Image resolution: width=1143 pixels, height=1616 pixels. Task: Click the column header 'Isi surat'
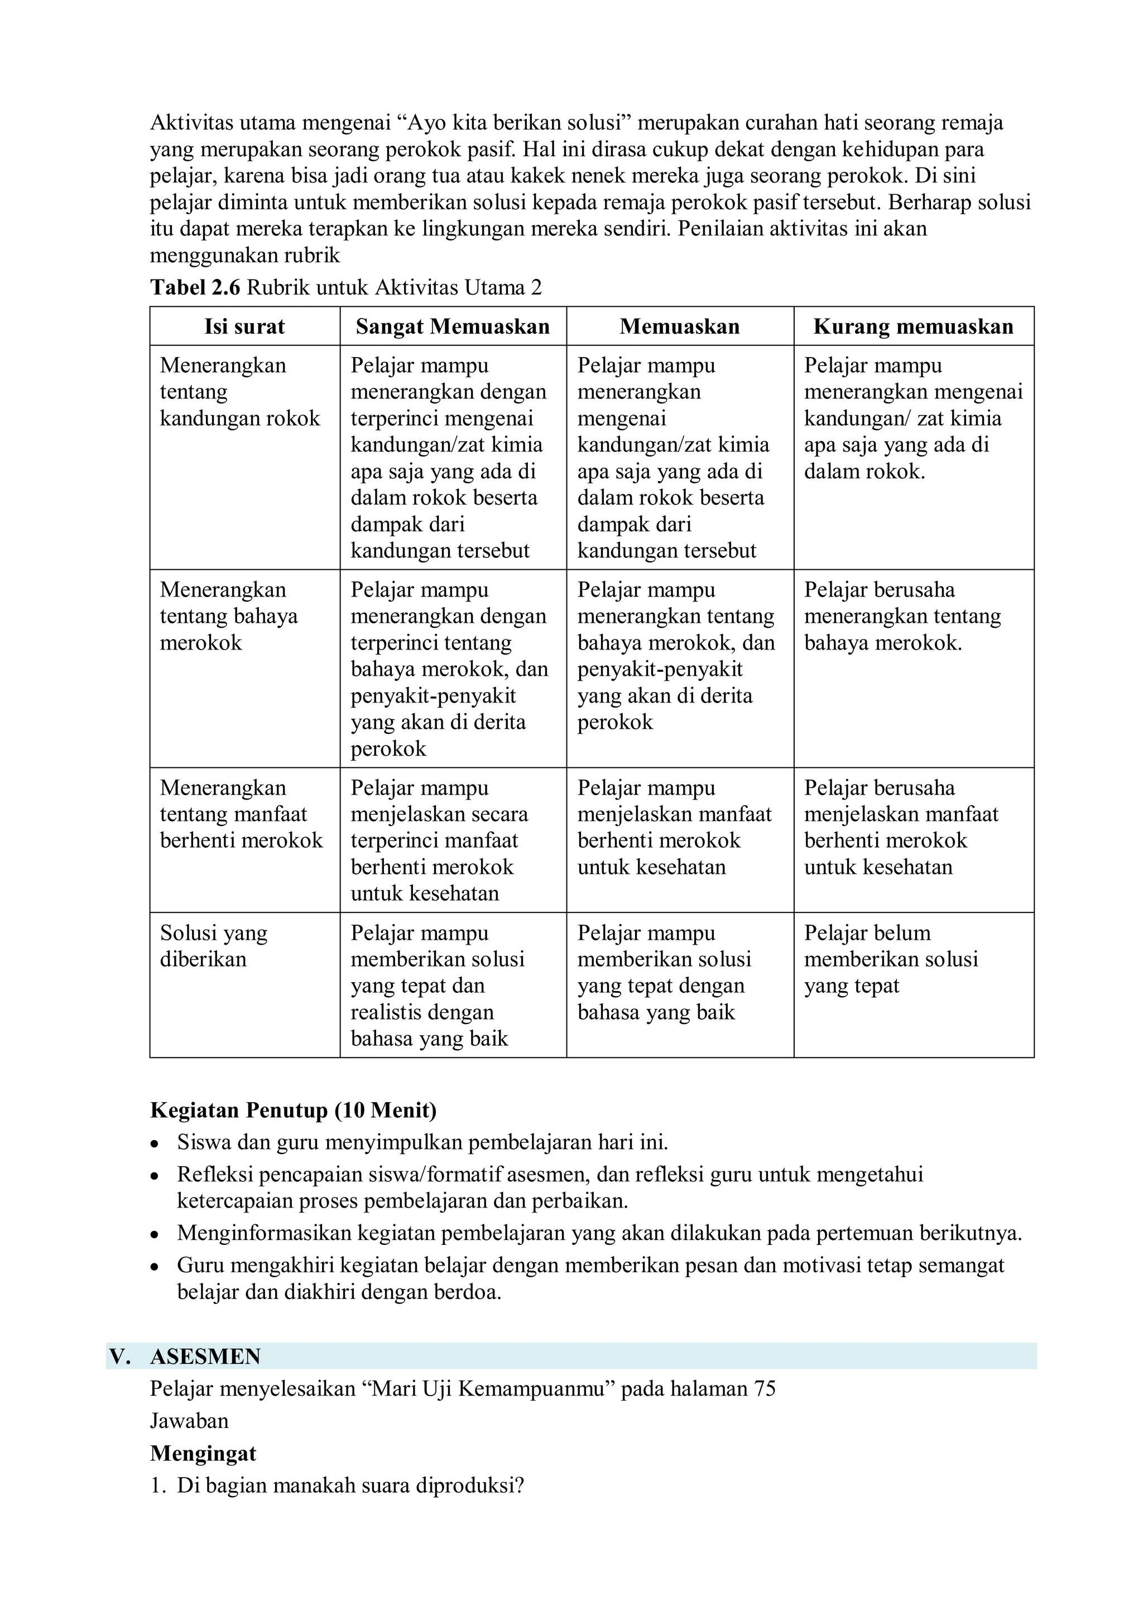pyautogui.click(x=244, y=326)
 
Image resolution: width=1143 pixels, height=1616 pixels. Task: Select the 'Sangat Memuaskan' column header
pyautogui.click(x=453, y=326)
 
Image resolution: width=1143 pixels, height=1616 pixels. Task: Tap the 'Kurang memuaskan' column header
pyautogui.click(x=913, y=326)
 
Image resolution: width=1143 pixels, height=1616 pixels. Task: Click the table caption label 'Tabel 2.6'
pyautogui.click(x=195, y=288)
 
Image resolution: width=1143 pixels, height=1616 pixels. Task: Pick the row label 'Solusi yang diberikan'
pyautogui.click(x=213, y=946)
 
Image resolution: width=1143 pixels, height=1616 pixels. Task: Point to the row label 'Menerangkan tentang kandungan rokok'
pyautogui.click(x=239, y=392)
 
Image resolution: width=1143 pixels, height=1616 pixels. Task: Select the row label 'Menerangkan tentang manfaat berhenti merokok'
pyautogui.click(x=241, y=814)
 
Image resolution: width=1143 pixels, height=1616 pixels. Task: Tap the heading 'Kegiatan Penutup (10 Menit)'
pyautogui.click(x=293, y=1110)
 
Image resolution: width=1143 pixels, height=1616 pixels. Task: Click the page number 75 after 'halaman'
pyautogui.click(x=763, y=1389)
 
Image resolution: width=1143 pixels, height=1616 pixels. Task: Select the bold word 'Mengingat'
pyautogui.click(x=203, y=1454)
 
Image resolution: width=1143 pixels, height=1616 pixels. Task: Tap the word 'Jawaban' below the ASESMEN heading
pyautogui.click(x=189, y=1421)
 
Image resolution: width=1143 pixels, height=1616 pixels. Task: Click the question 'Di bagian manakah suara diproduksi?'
pyautogui.click(x=350, y=1486)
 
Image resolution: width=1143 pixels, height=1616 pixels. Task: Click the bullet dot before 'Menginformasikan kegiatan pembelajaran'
pyautogui.click(x=155, y=1234)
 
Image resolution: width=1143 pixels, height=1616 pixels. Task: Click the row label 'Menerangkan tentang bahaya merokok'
pyautogui.click(x=228, y=617)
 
